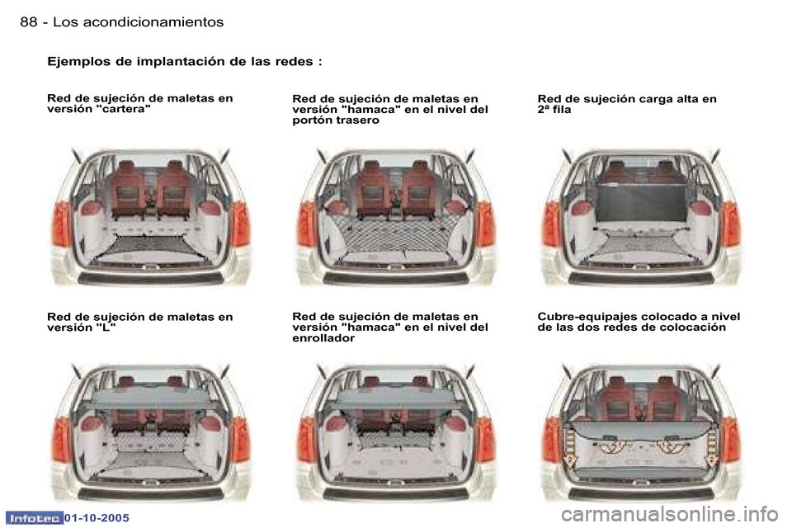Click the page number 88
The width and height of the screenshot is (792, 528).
29,21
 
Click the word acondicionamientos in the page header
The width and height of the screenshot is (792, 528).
153,21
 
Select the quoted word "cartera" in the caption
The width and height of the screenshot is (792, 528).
123,109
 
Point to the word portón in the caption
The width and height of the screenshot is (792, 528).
313,120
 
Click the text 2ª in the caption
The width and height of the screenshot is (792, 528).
544,110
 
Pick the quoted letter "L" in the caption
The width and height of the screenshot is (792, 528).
106,328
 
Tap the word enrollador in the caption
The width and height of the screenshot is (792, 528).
323,338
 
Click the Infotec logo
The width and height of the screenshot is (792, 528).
34,518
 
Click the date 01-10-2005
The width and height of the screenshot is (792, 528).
97,518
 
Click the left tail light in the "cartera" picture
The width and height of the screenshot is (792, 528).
60,224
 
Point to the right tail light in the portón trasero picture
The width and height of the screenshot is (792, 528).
485,224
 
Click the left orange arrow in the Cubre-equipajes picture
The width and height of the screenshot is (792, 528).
570,445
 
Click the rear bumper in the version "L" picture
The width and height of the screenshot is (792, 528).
150,493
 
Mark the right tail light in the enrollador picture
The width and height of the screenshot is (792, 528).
485,439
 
